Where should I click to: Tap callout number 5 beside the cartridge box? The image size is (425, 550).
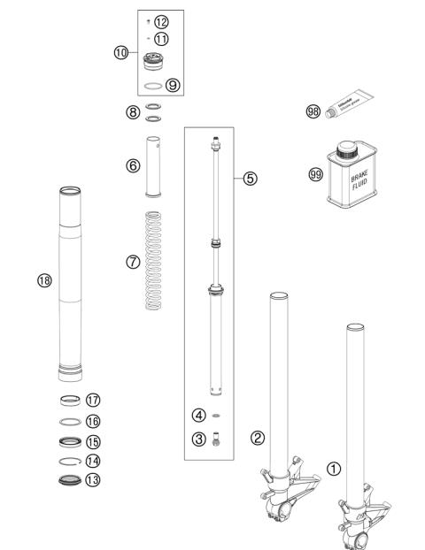pos(251,178)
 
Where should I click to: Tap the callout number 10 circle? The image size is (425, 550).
pos(121,52)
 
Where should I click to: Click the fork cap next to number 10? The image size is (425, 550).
pos(156,65)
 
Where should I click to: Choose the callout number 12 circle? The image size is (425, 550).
pos(160,21)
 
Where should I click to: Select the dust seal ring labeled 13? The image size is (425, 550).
pos(68,481)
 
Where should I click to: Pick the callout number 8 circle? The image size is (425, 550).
pos(132,112)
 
